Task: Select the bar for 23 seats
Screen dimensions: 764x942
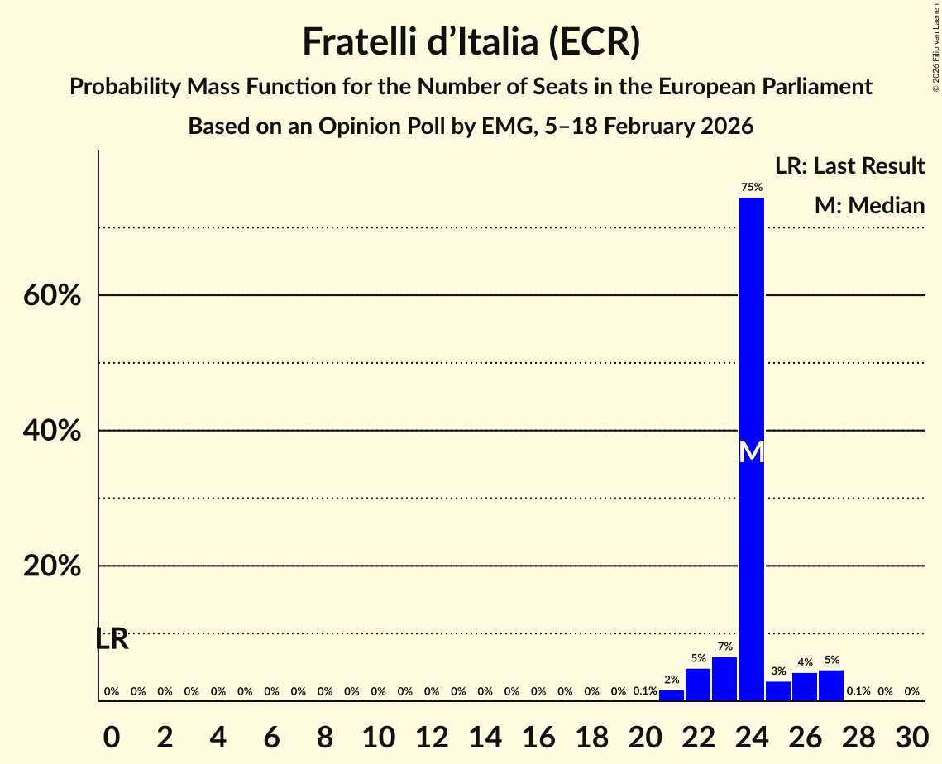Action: tap(724, 679)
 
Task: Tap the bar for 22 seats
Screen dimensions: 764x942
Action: tap(698, 685)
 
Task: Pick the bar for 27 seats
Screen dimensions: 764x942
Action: tap(831, 685)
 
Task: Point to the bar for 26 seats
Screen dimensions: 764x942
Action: tap(805, 687)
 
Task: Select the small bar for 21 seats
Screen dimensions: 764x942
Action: tap(672, 695)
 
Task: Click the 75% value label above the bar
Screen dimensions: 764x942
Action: tap(752, 188)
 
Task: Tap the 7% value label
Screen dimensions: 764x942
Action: tap(724, 647)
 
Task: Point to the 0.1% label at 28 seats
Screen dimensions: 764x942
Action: tap(858, 691)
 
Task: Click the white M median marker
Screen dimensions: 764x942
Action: tap(751, 452)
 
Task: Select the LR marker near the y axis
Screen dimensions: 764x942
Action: tap(112, 639)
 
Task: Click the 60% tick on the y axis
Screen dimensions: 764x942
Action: tap(52, 296)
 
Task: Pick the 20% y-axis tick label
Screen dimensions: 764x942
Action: tap(52, 567)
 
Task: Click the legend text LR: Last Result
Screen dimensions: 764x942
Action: tap(849, 166)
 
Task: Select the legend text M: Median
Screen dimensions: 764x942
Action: tap(869, 205)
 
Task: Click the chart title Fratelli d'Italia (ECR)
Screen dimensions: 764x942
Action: tap(471, 42)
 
